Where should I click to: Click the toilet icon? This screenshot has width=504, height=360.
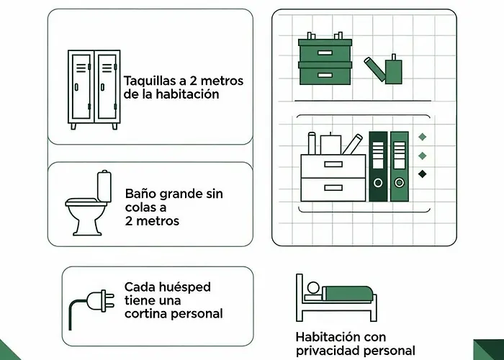point(89,204)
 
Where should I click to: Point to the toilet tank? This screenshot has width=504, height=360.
point(105,185)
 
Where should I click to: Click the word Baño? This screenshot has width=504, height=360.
point(140,194)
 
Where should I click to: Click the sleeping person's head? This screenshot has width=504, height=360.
point(313,289)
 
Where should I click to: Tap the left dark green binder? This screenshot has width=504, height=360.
point(378,167)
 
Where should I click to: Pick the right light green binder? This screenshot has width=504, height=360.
point(399,167)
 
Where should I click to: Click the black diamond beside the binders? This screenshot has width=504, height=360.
point(423,174)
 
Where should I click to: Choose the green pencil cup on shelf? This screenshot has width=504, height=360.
point(393,71)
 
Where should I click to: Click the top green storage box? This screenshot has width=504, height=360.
point(324,50)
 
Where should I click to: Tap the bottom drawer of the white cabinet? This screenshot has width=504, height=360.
point(333,189)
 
